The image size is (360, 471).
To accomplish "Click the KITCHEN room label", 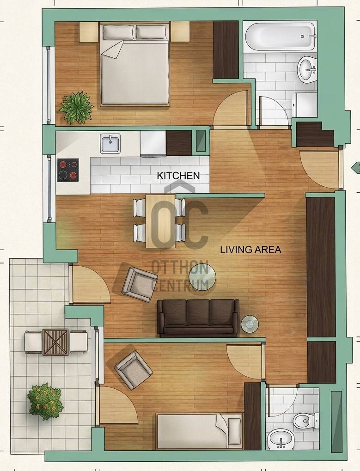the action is click(x=178, y=176).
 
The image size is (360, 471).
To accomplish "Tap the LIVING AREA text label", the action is click(x=251, y=250).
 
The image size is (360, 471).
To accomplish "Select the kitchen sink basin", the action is click(x=110, y=143).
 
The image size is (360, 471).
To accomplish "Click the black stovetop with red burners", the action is click(x=68, y=170).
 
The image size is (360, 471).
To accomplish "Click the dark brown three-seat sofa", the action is click(x=198, y=318).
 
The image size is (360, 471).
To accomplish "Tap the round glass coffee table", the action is click(x=202, y=277).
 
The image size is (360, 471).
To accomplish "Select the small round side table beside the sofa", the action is click(x=250, y=324).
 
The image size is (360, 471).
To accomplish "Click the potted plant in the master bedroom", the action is click(x=77, y=108).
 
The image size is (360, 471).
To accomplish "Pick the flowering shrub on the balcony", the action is click(x=45, y=402).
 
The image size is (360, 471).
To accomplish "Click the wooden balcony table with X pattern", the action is click(x=55, y=342).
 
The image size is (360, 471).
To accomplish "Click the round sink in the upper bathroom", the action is click(x=307, y=70).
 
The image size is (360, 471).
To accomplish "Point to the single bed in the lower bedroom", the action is click(x=199, y=431).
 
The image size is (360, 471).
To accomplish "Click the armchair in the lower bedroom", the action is click(x=133, y=370).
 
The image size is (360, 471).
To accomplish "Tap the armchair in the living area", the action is click(x=140, y=284).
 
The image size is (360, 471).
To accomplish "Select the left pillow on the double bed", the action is click(x=118, y=32).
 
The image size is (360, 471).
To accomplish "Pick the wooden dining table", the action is click(x=160, y=221).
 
